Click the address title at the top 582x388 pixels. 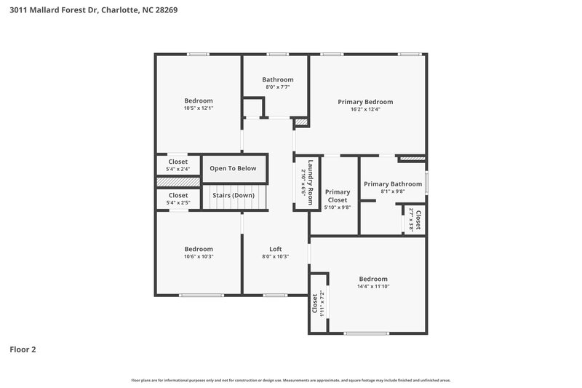pyautogui.click(x=93, y=10)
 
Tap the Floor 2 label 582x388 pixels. pyautogui.click(x=23, y=349)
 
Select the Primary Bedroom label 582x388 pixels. pyautogui.click(x=364, y=102)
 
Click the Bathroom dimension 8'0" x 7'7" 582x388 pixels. pyautogui.click(x=278, y=87)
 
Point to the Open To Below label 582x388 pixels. pyautogui.click(x=233, y=168)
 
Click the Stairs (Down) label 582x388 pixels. pyautogui.click(x=233, y=195)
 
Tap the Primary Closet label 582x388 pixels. pyautogui.click(x=338, y=196)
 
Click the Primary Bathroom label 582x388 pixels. pyautogui.click(x=393, y=184)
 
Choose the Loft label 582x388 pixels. pyautogui.click(x=275, y=249)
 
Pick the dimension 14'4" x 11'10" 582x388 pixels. pyautogui.click(x=372, y=286)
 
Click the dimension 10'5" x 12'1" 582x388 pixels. pyautogui.click(x=199, y=108)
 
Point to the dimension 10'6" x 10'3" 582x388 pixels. pyautogui.click(x=199, y=256)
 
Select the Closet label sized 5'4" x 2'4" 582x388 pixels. pyautogui.click(x=178, y=162)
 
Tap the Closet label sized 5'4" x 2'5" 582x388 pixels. pyautogui.click(x=178, y=195)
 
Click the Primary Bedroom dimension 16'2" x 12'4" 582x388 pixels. pyautogui.click(x=364, y=109)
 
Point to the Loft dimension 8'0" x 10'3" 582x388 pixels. pyautogui.click(x=275, y=256)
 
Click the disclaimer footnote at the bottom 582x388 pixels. pyautogui.click(x=290, y=380)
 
